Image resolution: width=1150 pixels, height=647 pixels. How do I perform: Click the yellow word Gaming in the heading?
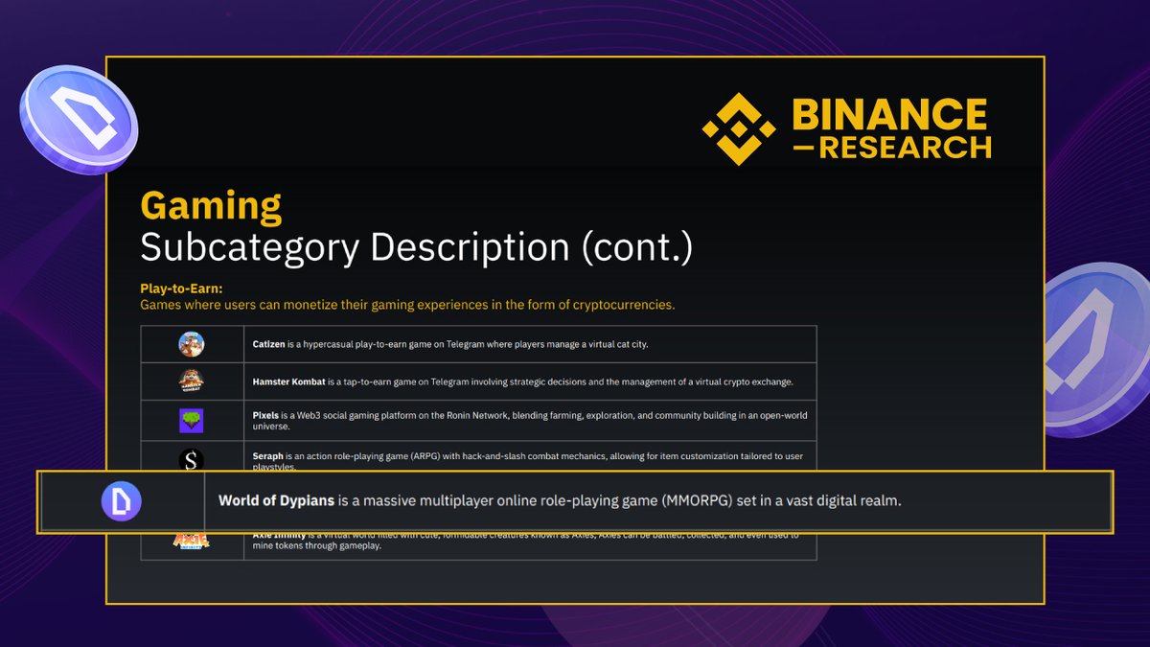point(211,206)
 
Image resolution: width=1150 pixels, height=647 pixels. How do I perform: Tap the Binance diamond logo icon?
point(738,129)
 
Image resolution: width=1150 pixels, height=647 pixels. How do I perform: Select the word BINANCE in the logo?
point(889,115)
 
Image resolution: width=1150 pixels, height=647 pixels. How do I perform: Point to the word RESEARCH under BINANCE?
point(905,149)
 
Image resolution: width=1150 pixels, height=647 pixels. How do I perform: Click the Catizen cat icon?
point(192,344)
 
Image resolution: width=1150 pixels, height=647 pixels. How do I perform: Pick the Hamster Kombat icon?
point(192,381)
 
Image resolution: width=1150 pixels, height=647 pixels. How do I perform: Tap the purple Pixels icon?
point(192,421)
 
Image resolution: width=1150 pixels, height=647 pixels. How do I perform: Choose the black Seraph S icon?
point(192,460)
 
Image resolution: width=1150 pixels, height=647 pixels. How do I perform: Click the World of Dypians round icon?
point(122,501)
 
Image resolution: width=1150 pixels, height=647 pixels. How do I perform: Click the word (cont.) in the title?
point(636,247)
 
